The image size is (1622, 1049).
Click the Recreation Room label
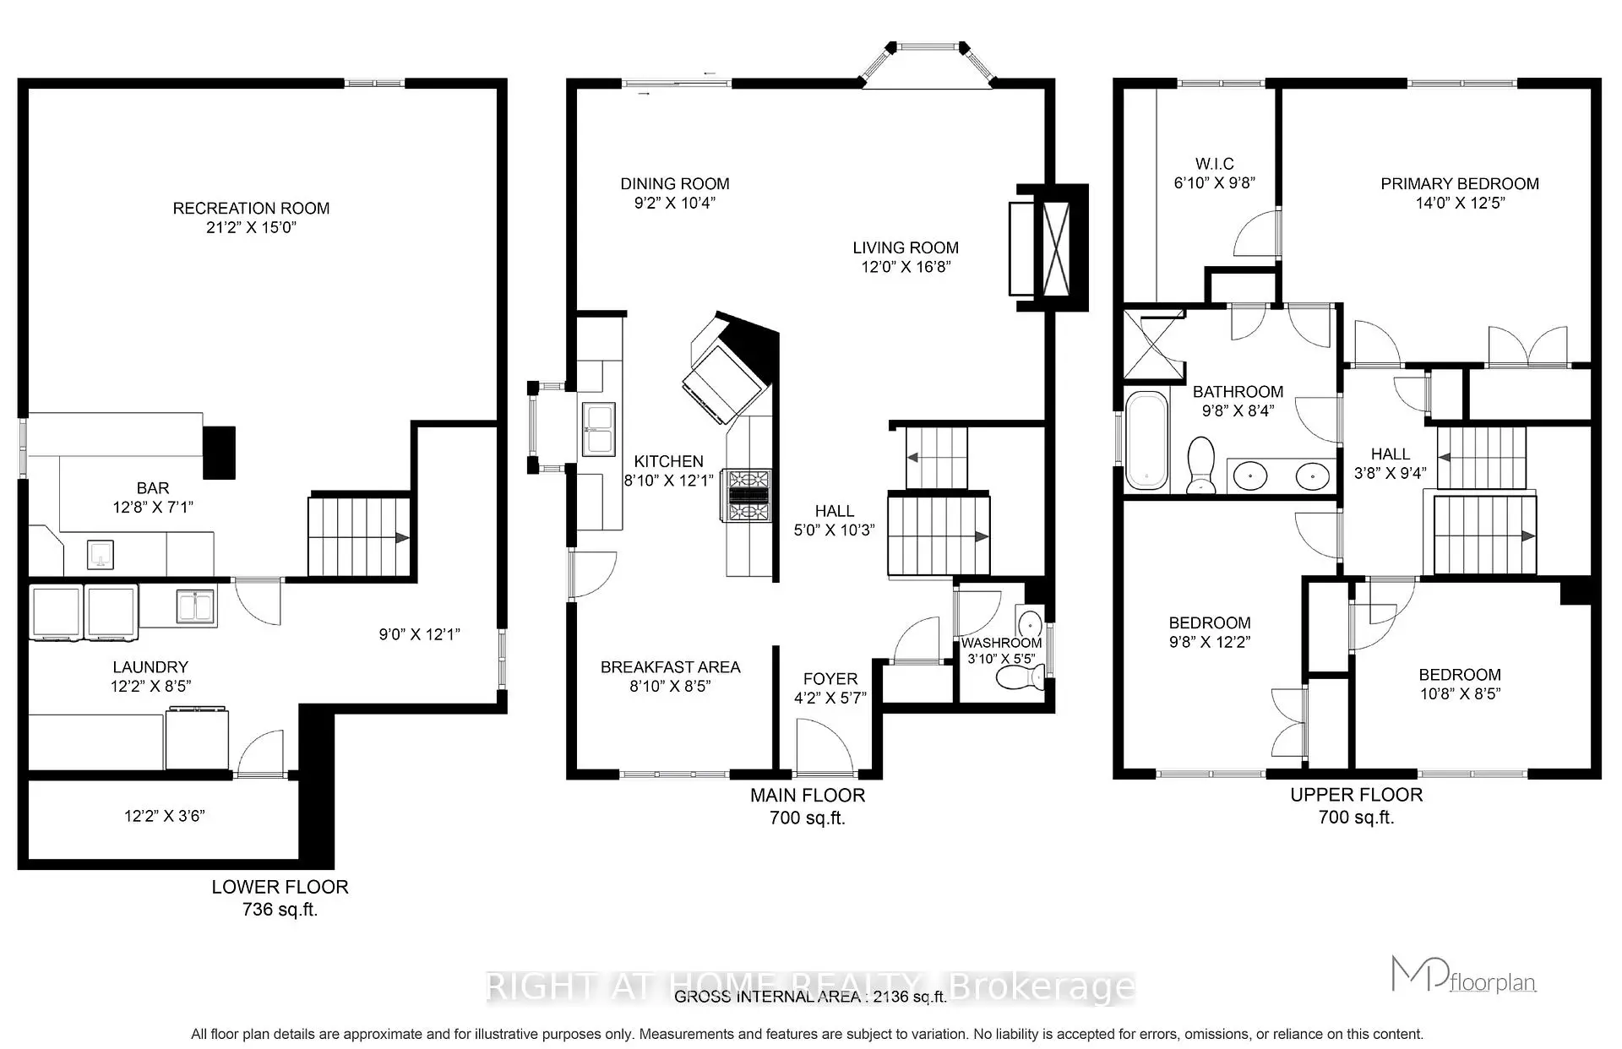pyautogui.click(x=251, y=208)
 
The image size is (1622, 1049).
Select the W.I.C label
pyautogui.click(x=1214, y=164)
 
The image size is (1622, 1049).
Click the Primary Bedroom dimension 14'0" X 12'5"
pyautogui.click(x=1460, y=204)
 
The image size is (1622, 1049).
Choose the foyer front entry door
pyautogui.click(x=825, y=747)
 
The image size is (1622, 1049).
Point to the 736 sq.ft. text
pyautogui.click(x=280, y=910)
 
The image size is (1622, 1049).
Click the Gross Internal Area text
pyautogui.click(x=809, y=997)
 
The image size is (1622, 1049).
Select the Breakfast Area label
pyautogui.click(x=670, y=667)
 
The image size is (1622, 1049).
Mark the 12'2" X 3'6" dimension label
pyautogui.click(x=164, y=816)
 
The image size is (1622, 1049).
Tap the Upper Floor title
pyautogui.click(x=1356, y=795)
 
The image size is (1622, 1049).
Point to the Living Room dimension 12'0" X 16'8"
pyautogui.click(x=906, y=267)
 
